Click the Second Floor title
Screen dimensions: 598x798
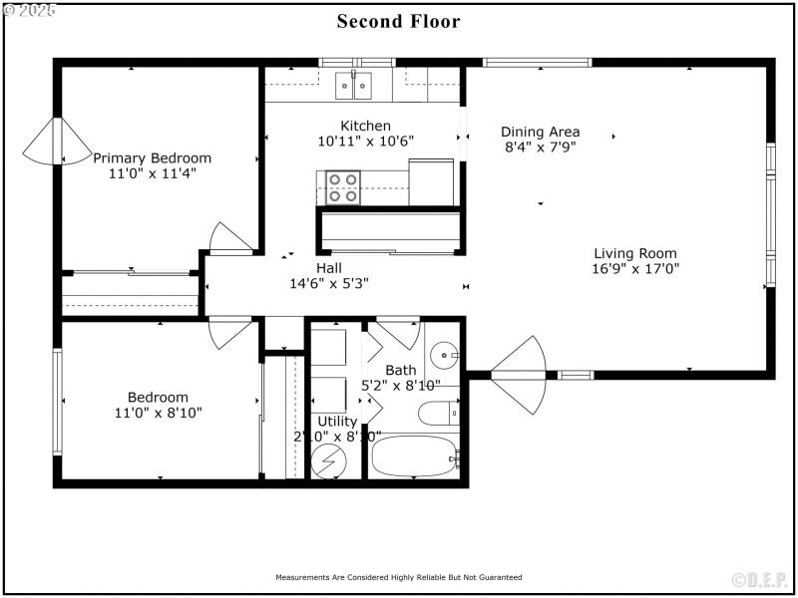[x=398, y=21]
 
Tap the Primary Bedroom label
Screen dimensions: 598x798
[x=152, y=157]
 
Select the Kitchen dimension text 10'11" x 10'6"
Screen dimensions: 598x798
[x=366, y=141]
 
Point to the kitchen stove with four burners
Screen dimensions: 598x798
[x=343, y=187]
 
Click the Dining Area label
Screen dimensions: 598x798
[x=540, y=132]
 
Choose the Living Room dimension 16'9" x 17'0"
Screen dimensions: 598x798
[x=635, y=268]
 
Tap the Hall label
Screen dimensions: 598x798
[x=329, y=267]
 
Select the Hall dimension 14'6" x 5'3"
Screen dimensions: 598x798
[x=329, y=283]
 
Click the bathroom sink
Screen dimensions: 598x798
[x=444, y=355]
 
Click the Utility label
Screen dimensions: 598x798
[x=337, y=422]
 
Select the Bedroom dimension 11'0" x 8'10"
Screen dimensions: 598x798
[x=158, y=413]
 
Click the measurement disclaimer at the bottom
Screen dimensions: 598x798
[x=398, y=577]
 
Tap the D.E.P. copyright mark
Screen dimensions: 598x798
[x=760, y=580]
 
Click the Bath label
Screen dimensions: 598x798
[x=400, y=370]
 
